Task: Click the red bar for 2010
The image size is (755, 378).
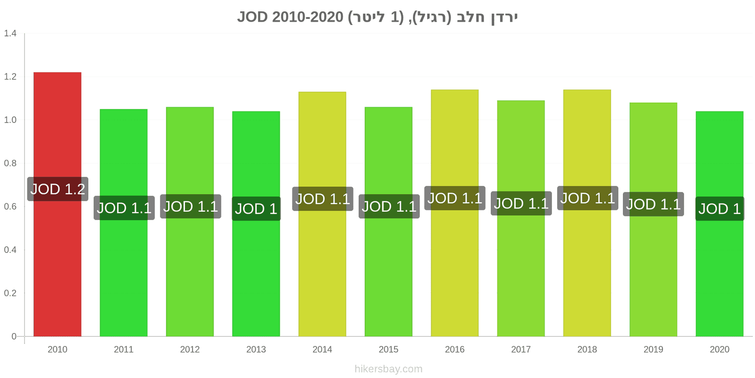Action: (x=57, y=204)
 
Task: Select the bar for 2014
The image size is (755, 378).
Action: (x=322, y=214)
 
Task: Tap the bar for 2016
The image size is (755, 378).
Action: (x=455, y=213)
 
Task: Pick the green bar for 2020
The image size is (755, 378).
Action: (x=720, y=224)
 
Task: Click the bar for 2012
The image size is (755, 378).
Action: (x=190, y=222)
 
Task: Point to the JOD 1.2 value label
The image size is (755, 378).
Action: (x=58, y=189)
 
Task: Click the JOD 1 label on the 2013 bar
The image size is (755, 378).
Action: (x=256, y=208)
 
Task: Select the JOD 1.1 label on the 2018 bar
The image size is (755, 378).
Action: (x=587, y=198)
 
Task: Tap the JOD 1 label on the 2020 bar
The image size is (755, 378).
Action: (x=720, y=208)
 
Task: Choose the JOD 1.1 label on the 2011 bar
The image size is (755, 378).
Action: (x=124, y=208)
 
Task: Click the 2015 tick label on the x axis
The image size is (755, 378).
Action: (x=388, y=349)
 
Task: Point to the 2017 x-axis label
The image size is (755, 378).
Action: (x=521, y=349)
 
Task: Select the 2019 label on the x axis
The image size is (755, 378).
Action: (x=653, y=349)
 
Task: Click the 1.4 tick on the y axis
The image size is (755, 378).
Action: (x=10, y=33)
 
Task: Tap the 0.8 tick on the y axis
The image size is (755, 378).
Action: (x=10, y=163)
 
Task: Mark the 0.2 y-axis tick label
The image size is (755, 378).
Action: (x=10, y=293)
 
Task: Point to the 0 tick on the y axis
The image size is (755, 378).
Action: (x=14, y=336)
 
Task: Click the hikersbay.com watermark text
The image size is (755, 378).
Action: (x=388, y=369)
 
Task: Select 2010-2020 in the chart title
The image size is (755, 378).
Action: (x=308, y=17)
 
